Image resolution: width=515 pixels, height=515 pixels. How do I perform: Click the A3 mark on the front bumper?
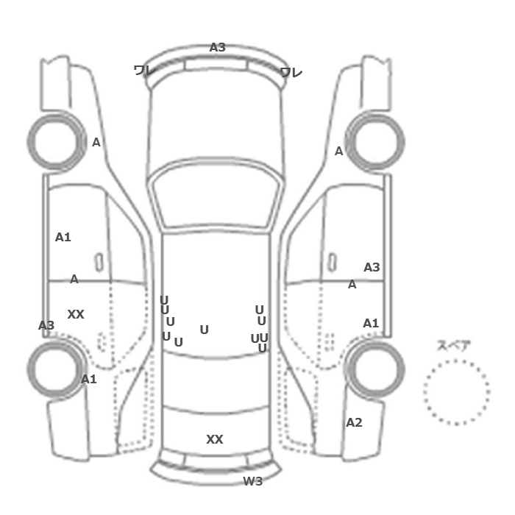point(218,47)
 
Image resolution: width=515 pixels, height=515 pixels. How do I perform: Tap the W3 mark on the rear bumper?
point(253,481)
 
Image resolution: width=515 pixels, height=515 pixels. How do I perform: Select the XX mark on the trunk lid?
point(215,439)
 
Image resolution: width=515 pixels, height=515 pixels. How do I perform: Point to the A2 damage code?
point(354,422)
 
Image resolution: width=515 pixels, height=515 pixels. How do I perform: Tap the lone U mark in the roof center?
point(205,330)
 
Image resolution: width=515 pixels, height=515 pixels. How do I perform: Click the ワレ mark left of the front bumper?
point(145,71)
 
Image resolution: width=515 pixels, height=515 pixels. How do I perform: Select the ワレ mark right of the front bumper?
point(291,73)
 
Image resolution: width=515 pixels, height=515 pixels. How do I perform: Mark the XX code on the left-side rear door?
point(76,314)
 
